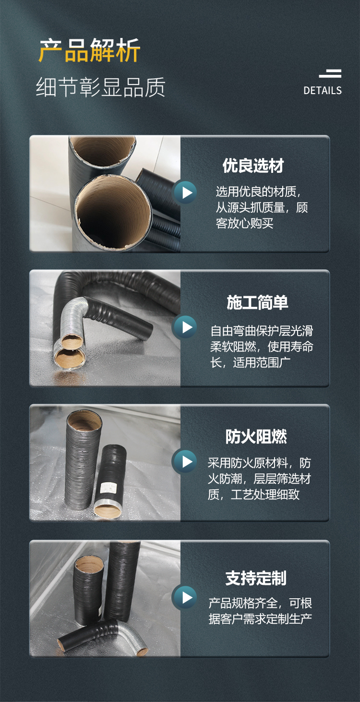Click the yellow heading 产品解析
(90, 50)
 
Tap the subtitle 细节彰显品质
(101, 87)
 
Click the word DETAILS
(323, 91)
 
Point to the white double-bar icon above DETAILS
(330, 73)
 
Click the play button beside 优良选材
(185, 193)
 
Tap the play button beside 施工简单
(185, 327)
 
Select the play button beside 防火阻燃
(185, 461)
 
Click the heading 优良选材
(253, 166)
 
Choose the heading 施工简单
(257, 303)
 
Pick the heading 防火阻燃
(256, 436)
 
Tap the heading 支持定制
(256, 578)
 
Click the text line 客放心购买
(244, 223)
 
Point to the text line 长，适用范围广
(251, 363)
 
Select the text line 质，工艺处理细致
(254, 495)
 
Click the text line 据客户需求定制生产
(260, 619)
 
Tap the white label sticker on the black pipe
(108, 487)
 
